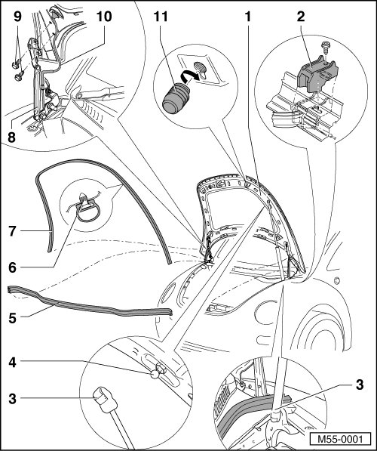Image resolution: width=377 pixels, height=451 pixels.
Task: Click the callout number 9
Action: click(17, 17)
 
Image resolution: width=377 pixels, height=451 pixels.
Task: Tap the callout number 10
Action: click(104, 17)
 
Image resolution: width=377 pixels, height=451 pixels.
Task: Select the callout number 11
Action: click(161, 17)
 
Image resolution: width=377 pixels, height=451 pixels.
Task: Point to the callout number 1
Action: click(247, 17)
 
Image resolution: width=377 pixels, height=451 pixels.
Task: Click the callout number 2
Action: click(301, 17)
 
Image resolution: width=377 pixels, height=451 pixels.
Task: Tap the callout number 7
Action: click(12, 231)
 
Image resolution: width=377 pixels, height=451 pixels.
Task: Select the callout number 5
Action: click(12, 318)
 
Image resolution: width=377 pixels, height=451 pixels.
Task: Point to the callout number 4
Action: click(12, 363)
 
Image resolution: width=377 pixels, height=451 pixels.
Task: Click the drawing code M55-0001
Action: click(340, 439)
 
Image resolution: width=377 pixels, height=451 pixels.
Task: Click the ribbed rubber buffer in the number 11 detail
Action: click(176, 98)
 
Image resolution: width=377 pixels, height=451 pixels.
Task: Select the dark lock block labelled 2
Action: click(317, 74)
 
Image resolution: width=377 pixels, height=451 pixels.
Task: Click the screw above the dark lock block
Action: click(325, 47)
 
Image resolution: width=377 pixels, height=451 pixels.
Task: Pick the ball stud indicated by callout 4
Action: click(155, 374)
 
